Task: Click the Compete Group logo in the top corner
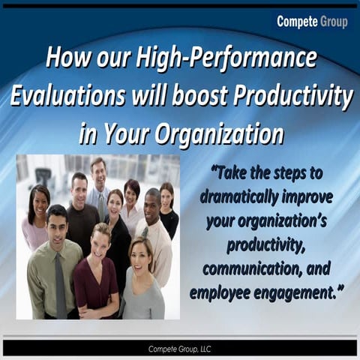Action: point(312,22)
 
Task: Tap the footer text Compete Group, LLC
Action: point(180,347)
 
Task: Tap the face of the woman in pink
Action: point(39,201)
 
